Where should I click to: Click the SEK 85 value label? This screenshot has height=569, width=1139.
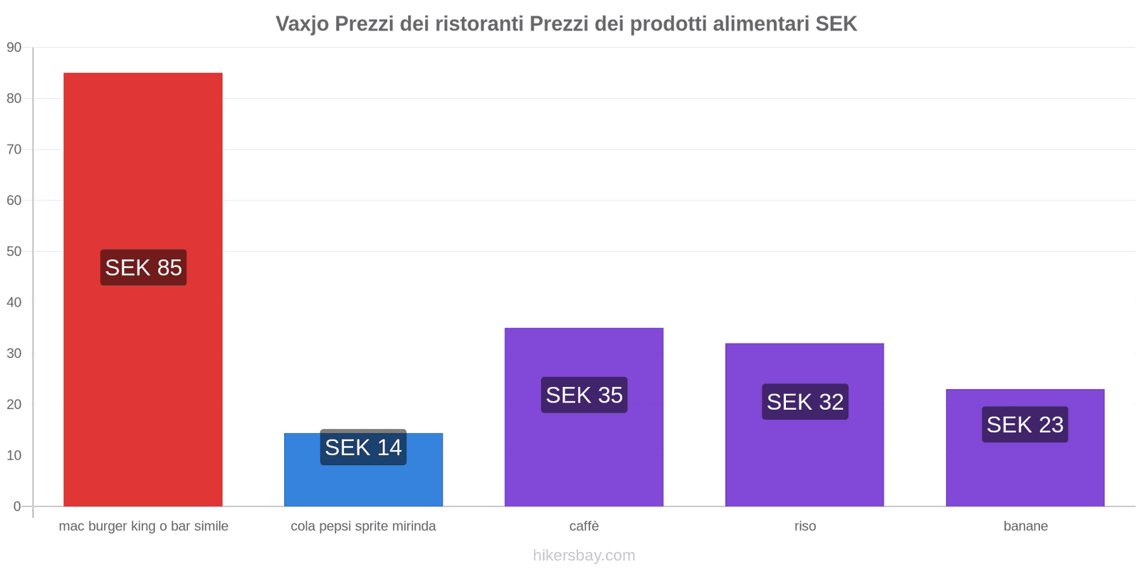coord(143,267)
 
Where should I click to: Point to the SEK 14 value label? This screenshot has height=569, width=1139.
coord(363,447)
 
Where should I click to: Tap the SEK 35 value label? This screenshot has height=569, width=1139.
coord(584,395)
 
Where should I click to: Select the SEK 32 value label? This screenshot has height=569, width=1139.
coord(804,402)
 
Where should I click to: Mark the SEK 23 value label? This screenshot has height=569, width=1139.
coord(1024,425)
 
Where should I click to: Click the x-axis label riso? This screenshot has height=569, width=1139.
coord(805,526)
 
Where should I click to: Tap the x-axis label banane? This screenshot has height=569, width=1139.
coord(1025,526)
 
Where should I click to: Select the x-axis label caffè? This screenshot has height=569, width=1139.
coord(584,526)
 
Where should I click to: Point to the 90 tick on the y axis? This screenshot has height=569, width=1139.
coord(14,48)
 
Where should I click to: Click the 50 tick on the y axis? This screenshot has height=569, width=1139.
coord(14,252)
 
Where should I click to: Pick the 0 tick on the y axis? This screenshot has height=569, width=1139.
coord(17,506)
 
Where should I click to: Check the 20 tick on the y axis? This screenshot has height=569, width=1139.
coord(14,405)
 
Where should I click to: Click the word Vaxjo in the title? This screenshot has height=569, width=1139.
coord(302,24)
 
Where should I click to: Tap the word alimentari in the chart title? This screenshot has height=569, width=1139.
coord(760,24)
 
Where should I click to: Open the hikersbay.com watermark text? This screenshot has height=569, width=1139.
coord(584,555)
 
